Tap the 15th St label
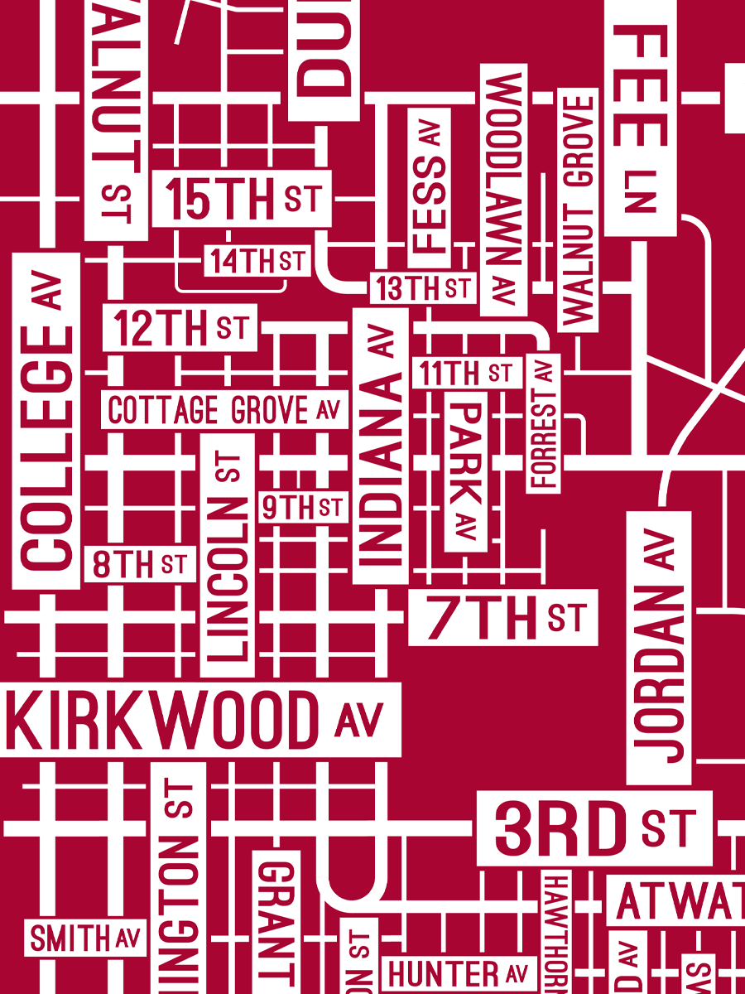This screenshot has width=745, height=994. (242, 199)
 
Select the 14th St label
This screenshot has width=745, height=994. (257, 261)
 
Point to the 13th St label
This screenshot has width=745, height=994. (422, 287)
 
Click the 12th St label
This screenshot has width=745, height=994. (180, 328)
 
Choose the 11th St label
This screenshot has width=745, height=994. (467, 373)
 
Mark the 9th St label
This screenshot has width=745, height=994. (302, 507)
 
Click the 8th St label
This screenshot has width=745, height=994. (140, 565)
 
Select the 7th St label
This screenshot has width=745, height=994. (502, 618)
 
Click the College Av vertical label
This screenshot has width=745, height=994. (46, 421)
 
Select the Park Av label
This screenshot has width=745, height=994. (466, 471)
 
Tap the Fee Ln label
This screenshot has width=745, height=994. (641, 116)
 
